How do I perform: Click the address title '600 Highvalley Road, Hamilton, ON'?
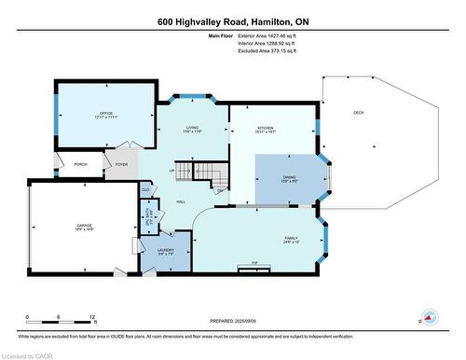pos(233,21)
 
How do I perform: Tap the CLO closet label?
pos(146,189)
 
